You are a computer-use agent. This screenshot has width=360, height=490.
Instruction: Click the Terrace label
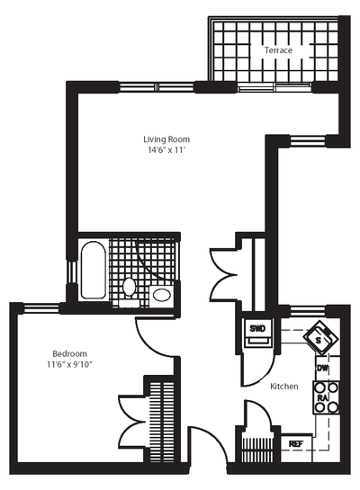(278, 50)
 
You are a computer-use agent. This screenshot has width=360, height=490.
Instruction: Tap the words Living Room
(166, 139)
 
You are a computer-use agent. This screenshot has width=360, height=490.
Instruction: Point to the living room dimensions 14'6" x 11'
(166, 152)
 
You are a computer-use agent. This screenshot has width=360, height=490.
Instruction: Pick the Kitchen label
(284, 386)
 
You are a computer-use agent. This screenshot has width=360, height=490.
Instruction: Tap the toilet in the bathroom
(130, 288)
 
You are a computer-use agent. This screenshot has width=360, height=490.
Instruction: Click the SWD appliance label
(257, 329)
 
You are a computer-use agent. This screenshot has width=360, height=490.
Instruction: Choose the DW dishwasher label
(321, 369)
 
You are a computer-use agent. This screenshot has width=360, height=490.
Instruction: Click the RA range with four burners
(324, 396)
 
